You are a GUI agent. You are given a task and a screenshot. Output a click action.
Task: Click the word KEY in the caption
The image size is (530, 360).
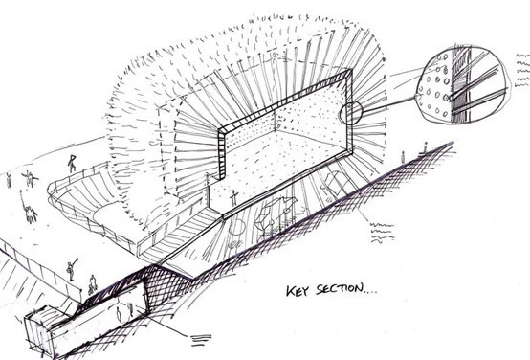coord(298,291)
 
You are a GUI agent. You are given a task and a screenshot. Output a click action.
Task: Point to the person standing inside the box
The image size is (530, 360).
coord(233,197)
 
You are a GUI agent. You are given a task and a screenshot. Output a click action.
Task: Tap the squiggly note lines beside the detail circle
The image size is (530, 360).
coord(522,71)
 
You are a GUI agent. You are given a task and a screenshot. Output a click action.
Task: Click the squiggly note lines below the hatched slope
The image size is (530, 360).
coord(382,233)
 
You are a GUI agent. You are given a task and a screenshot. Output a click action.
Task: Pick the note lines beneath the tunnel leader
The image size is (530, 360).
coord(202,340)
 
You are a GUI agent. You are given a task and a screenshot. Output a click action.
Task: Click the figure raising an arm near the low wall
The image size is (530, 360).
coord(72,269)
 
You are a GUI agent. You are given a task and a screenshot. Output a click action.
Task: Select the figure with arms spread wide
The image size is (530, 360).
coord(30,179)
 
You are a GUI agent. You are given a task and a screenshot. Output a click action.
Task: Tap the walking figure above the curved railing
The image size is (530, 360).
coord(72,163)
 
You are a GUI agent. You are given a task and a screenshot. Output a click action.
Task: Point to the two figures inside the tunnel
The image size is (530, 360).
coord(124,313)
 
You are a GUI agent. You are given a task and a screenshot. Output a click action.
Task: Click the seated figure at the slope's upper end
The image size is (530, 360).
coord(425,148)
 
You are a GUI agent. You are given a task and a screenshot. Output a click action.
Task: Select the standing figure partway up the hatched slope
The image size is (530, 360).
coord(403,157)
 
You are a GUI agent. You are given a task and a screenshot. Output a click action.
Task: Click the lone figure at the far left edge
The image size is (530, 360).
coord(9,181)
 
